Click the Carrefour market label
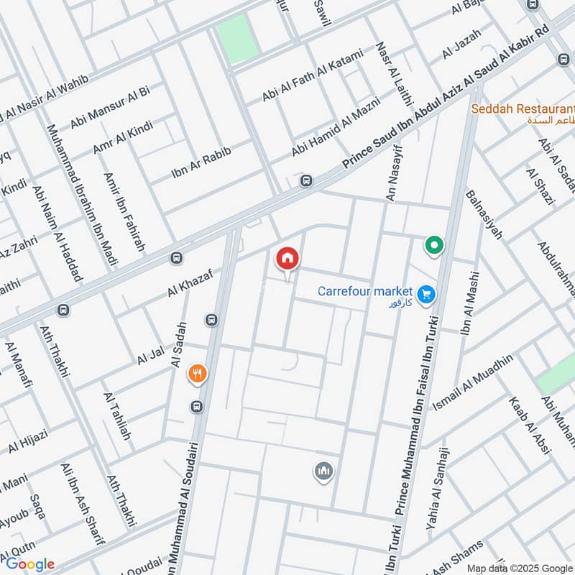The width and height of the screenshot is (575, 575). [x=365, y=291]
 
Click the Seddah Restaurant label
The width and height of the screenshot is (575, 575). [x=523, y=109]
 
